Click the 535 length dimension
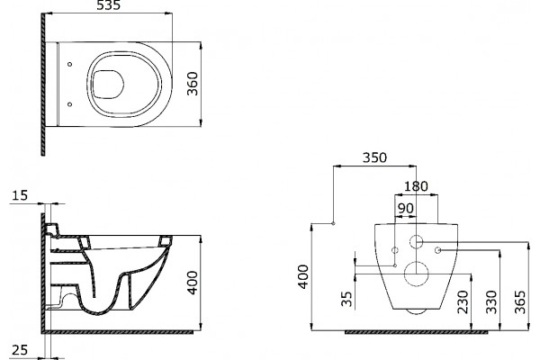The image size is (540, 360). pos(109,5)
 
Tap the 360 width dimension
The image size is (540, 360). pos(193,84)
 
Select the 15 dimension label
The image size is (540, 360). pos(20,195)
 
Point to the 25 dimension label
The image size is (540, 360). pos(20,350)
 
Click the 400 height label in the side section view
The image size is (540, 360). pos(193,283)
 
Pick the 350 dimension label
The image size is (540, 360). pos(374,157)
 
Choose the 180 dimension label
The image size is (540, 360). pos(416,186)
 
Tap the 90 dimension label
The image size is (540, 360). pos(405,209)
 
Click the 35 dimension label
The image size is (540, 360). pos(347,299)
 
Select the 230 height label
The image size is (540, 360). pos(463,302)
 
